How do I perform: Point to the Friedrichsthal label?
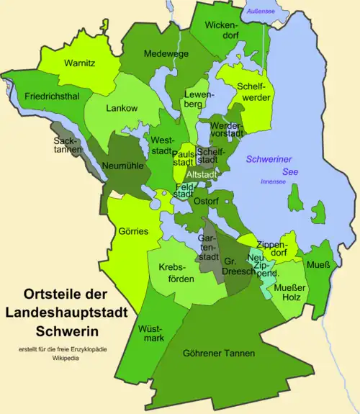coord(48,95)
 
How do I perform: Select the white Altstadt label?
coord(202,174)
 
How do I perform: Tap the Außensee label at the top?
coord(259,12)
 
